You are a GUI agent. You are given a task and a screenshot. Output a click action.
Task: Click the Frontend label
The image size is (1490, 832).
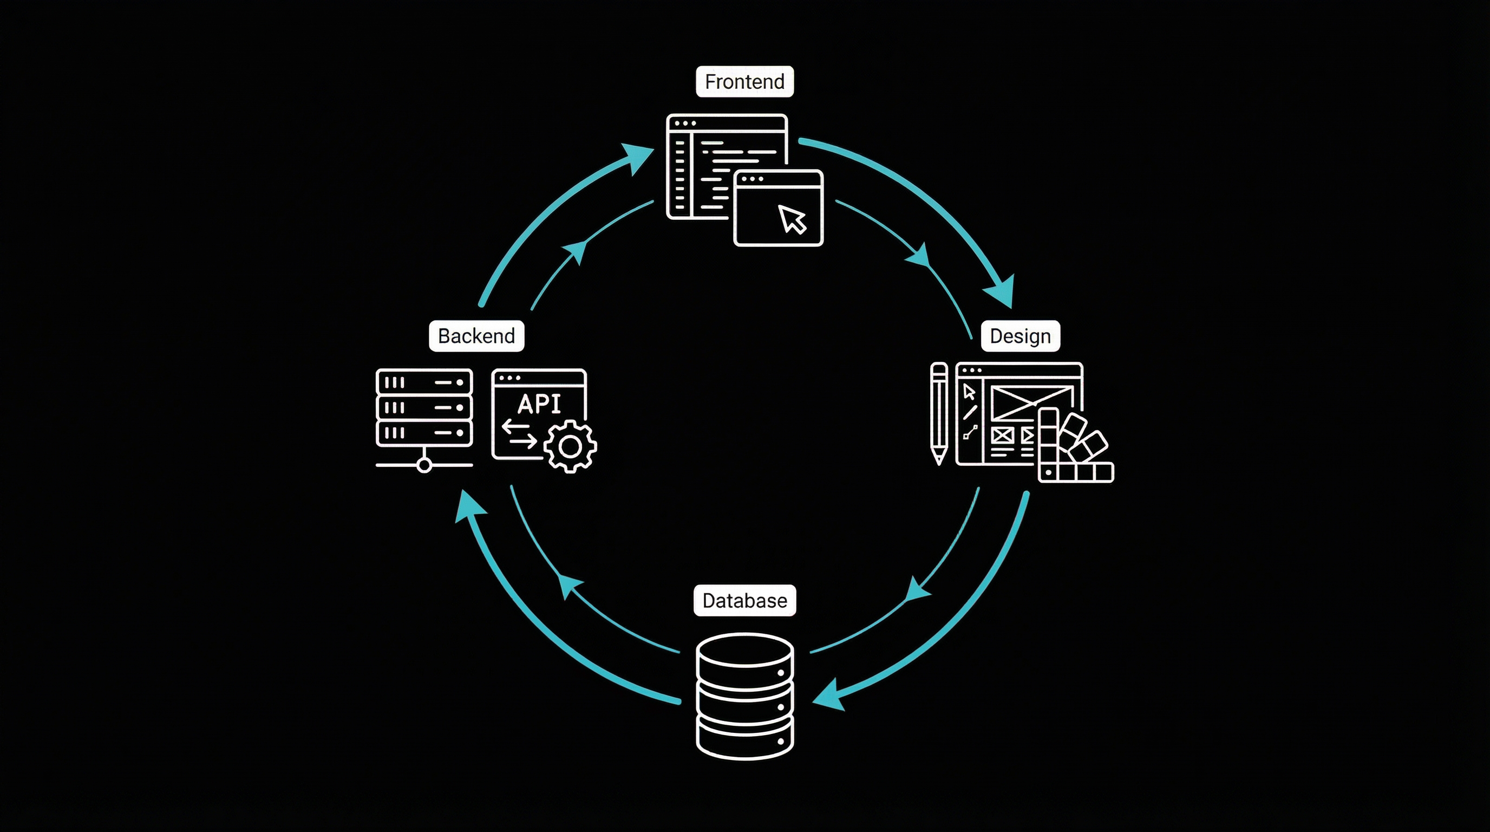click(744, 82)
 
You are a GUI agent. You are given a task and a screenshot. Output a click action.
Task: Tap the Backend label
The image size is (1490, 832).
click(476, 336)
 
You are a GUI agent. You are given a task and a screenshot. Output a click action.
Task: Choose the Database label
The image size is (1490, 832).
click(744, 601)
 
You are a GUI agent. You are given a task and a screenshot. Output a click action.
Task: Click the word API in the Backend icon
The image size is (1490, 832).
click(539, 404)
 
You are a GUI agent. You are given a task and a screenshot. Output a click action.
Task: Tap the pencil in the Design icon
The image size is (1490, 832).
click(939, 413)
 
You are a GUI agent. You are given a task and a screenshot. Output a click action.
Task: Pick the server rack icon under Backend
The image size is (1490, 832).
click(424, 407)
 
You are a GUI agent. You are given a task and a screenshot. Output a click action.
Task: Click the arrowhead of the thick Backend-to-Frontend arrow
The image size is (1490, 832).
click(638, 158)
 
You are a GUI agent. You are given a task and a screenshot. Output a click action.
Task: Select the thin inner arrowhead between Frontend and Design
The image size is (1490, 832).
click(920, 256)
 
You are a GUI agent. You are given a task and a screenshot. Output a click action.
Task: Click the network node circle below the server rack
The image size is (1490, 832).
click(424, 465)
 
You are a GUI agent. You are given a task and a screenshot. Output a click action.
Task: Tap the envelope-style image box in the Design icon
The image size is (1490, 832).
click(1031, 402)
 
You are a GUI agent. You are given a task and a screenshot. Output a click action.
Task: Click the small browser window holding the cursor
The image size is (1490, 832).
click(778, 209)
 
